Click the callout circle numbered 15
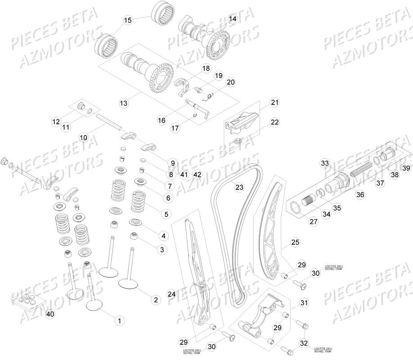pos(128,20)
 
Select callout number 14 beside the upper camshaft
pos(232,19)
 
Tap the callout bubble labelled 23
pos(239,187)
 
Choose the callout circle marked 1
pos(119,320)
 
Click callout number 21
pos(275,103)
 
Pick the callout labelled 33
pos(325,163)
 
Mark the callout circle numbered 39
pos(406,168)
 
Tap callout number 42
pos(197,174)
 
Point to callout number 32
pos(304,343)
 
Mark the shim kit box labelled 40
pos(27,301)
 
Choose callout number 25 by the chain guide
pos(295,243)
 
